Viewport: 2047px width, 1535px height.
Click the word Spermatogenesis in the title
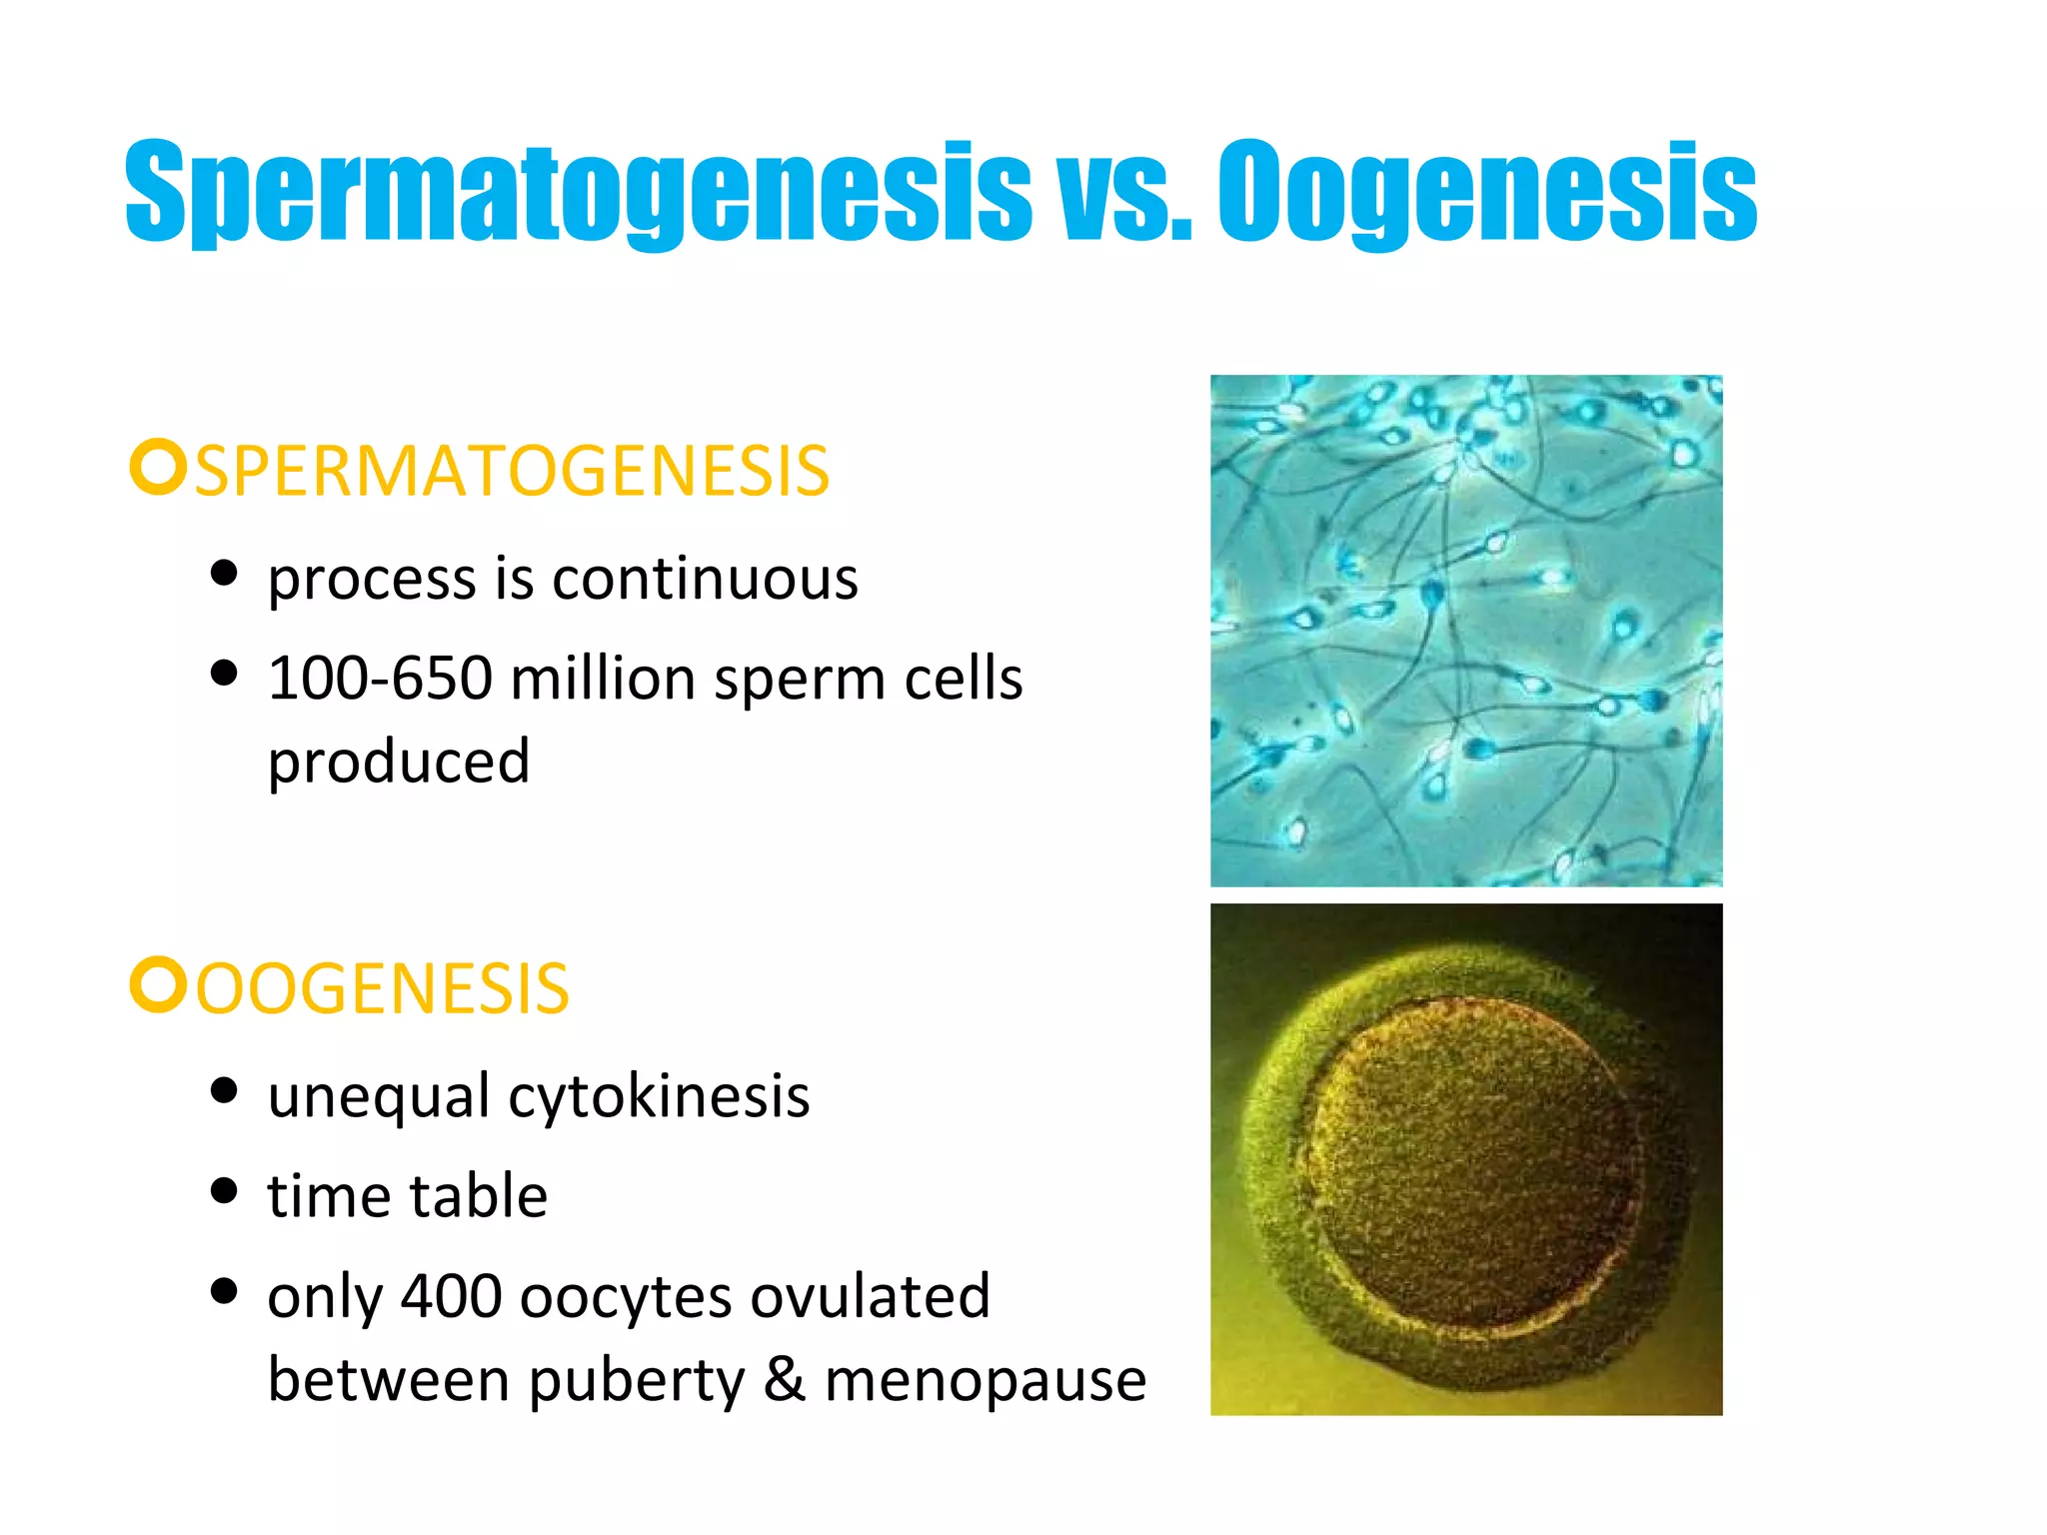coord(578,192)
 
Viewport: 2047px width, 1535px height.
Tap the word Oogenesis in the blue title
coord(1486,192)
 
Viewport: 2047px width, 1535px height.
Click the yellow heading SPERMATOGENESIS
coord(512,471)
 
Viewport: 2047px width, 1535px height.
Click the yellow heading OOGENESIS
coord(382,989)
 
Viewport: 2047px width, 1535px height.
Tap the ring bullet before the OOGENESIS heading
coord(158,985)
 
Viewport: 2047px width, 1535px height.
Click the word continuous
coord(705,579)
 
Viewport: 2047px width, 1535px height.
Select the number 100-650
coord(381,679)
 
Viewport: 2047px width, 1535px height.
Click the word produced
coord(399,763)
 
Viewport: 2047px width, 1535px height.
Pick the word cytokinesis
coord(659,1096)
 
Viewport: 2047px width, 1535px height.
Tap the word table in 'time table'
coord(478,1196)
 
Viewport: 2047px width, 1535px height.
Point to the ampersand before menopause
coord(785,1380)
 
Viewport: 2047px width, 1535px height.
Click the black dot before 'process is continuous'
coord(225,574)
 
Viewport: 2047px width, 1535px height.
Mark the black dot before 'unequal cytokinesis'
coord(225,1090)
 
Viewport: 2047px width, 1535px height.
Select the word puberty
coord(637,1382)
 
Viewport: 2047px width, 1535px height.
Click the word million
coord(603,679)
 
